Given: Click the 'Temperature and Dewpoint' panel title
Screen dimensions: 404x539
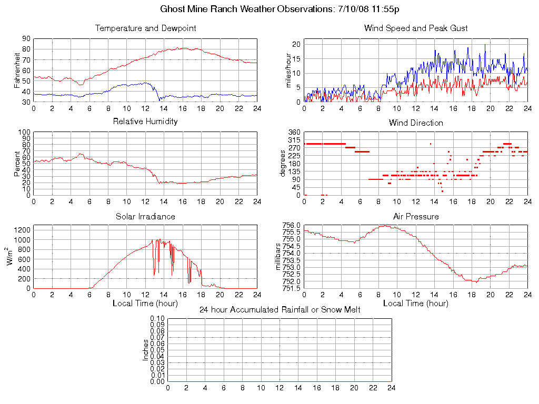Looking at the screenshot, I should point(145,28).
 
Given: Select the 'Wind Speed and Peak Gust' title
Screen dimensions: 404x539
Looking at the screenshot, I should point(416,28).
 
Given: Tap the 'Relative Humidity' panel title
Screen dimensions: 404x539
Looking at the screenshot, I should point(145,122).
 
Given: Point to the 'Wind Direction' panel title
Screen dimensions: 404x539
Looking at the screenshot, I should point(416,123).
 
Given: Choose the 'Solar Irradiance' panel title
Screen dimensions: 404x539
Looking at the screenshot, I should point(145,216).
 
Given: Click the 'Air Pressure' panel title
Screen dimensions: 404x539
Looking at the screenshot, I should point(416,216).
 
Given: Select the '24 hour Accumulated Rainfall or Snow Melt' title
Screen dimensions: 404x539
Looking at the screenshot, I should point(280,309).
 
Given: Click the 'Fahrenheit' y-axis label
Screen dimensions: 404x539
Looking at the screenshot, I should point(17,70).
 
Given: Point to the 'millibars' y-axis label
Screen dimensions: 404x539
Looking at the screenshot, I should point(279,256).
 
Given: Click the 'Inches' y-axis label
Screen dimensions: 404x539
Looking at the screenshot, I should point(146,350).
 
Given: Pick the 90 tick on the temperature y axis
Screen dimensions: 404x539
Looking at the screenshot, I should point(26,38).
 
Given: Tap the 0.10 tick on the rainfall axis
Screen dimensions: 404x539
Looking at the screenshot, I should point(157,318).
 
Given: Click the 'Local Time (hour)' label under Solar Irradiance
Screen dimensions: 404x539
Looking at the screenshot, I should point(145,303).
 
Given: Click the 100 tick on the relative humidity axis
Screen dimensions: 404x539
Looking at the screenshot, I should point(25,132).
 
